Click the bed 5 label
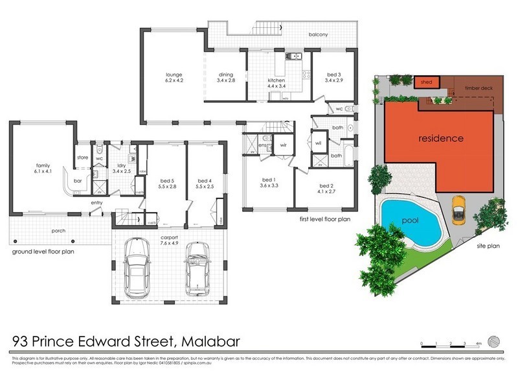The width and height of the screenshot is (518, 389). tap(167, 183)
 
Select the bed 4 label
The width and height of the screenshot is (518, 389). tap(205, 183)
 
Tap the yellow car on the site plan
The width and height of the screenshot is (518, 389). tap(459, 209)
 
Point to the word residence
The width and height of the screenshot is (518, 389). tap(440, 138)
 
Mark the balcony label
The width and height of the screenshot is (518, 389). tap(318, 34)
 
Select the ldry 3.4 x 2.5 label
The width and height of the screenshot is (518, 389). tap(121, 169)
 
